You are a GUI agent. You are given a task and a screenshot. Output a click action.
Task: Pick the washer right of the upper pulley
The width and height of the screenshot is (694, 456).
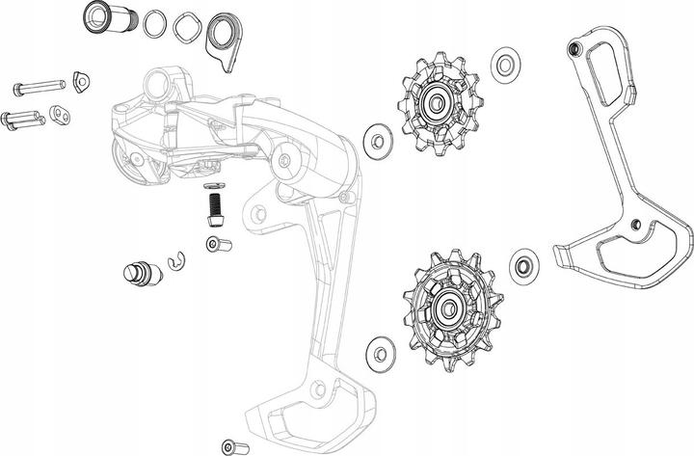pyautogui.click(x=502, y=66)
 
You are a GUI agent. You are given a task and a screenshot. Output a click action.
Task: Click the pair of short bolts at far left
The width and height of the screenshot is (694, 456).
pyautogui.click(x=24, y=121)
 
